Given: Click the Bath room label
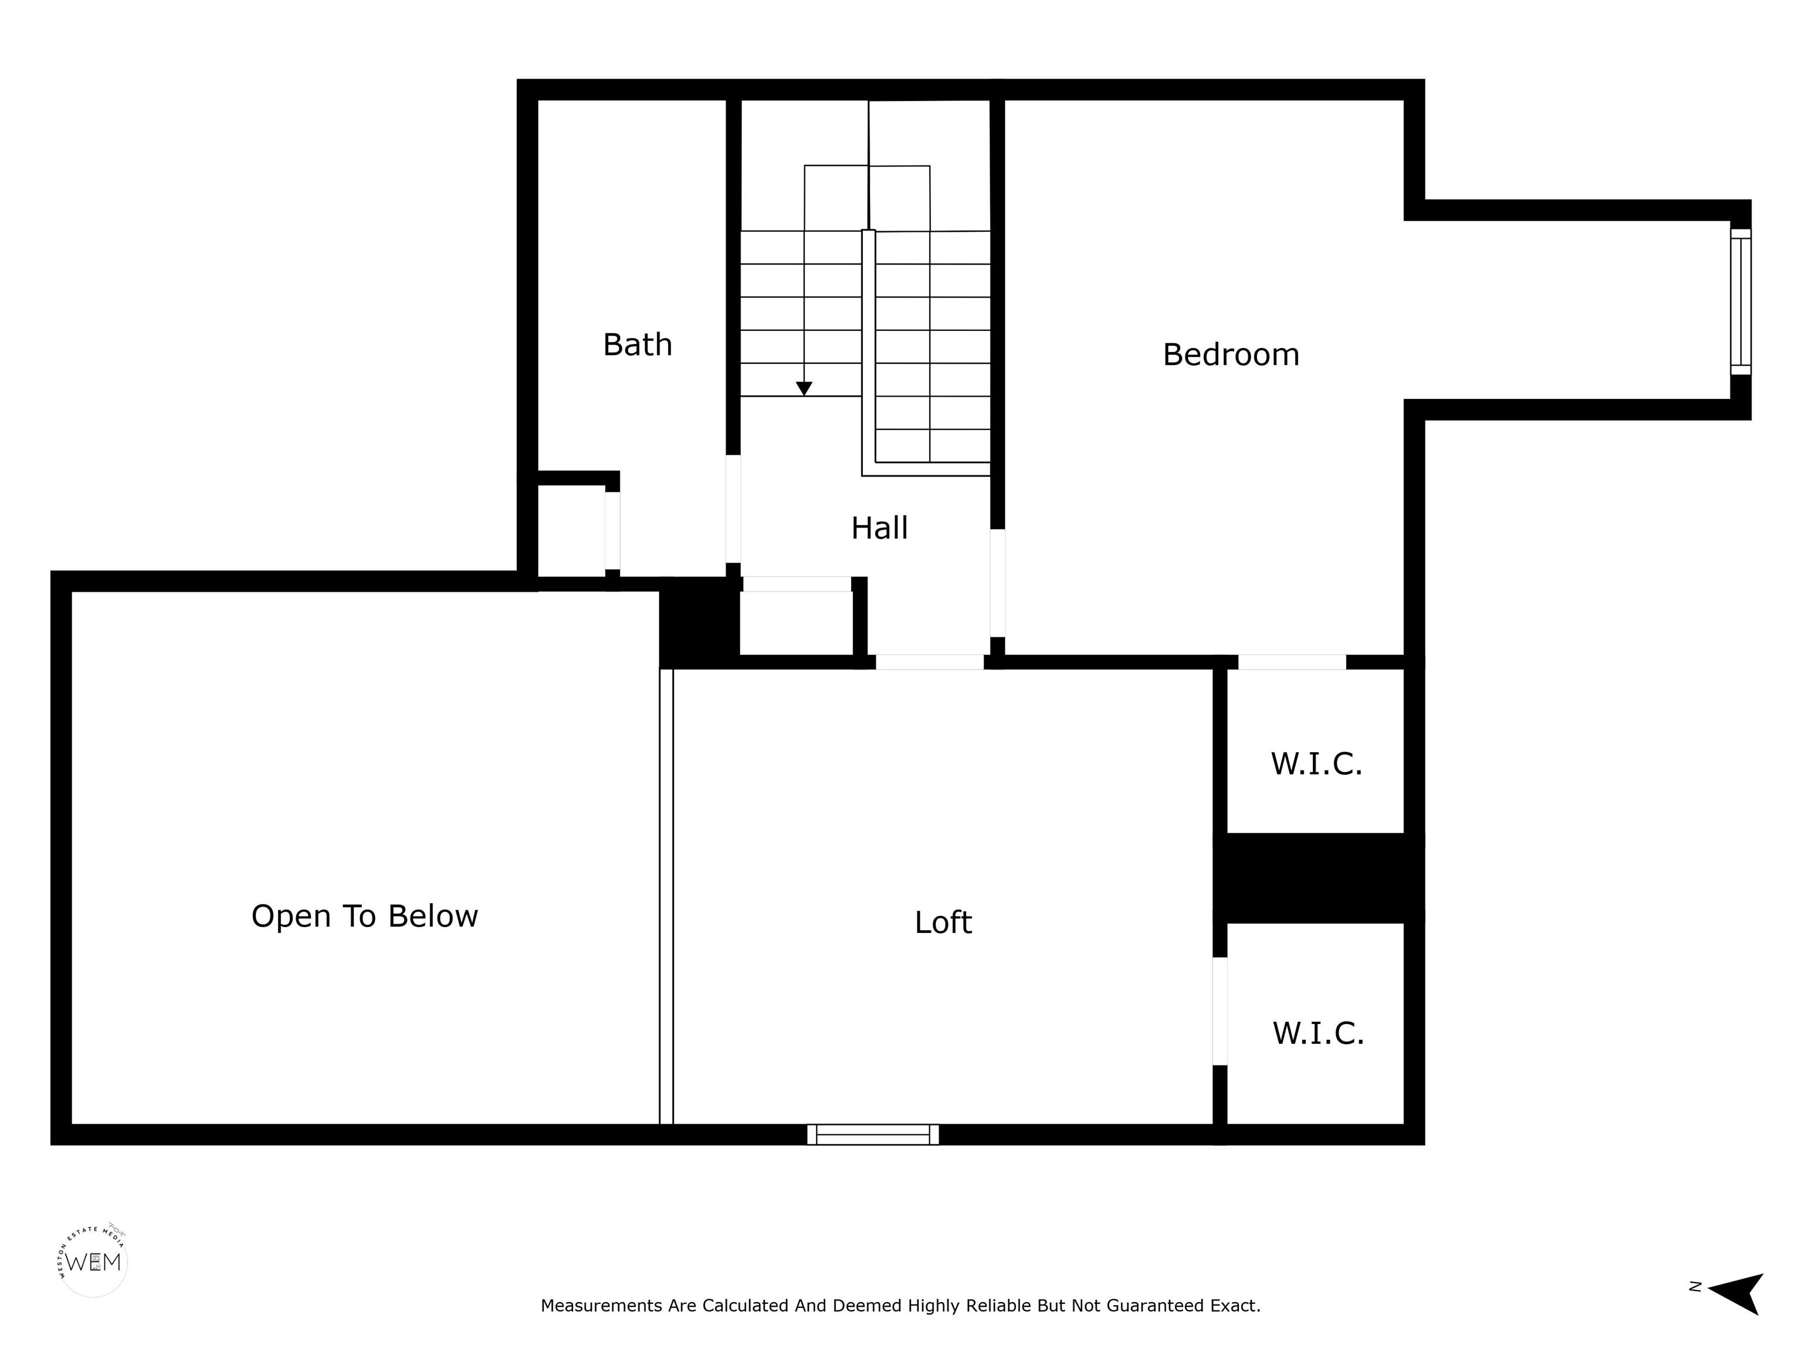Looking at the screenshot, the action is point(637,344).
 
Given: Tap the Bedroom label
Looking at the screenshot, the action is point(1230,354).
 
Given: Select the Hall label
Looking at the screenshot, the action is point(879,528).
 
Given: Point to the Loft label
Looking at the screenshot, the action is point(943,922).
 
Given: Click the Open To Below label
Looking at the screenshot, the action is point(364,917).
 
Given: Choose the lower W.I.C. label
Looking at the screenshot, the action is point(1318,1033).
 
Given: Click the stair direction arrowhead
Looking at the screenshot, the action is point(804,388).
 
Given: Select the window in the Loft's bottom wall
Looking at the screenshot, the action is point(872,1134).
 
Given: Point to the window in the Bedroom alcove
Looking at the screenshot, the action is point(1740,302).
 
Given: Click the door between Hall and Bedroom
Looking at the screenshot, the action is point(997,583).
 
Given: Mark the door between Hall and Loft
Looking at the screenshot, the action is point(930,662).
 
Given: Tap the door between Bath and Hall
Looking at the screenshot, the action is point(733,509).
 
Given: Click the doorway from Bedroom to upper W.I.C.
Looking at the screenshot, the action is point(1292,662).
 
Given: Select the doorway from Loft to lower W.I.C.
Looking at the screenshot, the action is point(1220,1010).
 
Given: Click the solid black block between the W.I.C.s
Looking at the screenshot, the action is point(1318,878).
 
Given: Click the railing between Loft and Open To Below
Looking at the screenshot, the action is point(666,897).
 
